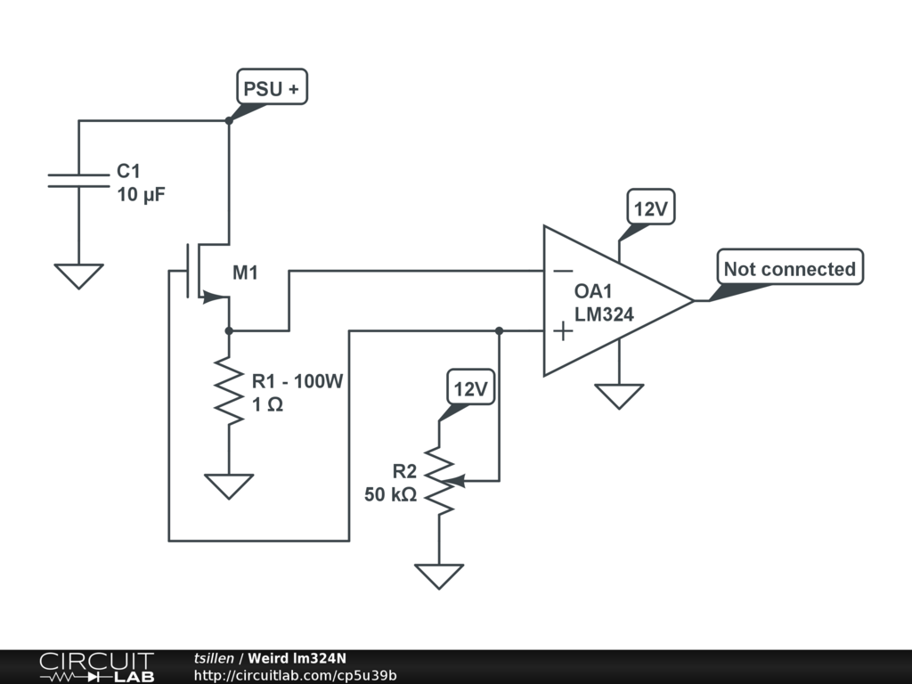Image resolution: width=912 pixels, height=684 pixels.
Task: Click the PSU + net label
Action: point(271,88)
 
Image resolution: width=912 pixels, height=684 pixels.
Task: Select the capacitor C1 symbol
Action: point(78,181)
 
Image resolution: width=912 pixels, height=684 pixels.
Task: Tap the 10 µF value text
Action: point(141,194)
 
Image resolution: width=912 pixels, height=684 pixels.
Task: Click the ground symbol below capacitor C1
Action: point(78,275)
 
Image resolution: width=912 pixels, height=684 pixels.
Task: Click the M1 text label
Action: point(245,273)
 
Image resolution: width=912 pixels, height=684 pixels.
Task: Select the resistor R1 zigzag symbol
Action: point(229,391)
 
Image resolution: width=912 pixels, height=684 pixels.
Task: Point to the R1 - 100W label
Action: point(297,381)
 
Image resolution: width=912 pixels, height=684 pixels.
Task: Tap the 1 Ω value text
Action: point(267,403)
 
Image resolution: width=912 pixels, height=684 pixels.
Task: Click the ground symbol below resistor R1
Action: point(229,485)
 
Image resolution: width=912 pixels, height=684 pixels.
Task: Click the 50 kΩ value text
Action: point(390,494)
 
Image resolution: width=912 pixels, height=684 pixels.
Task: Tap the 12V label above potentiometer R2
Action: point(470,389)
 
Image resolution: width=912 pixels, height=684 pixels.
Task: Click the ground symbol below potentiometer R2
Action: point(439,575)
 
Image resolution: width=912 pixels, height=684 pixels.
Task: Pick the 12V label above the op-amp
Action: point(650,209)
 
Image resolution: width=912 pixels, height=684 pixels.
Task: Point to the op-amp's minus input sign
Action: point(562,271)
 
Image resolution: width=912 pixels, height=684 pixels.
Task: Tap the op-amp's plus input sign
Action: point(562,331)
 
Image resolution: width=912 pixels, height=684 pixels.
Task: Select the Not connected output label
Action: point(789,268)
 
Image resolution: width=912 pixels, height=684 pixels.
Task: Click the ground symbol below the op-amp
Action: point(619,395)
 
